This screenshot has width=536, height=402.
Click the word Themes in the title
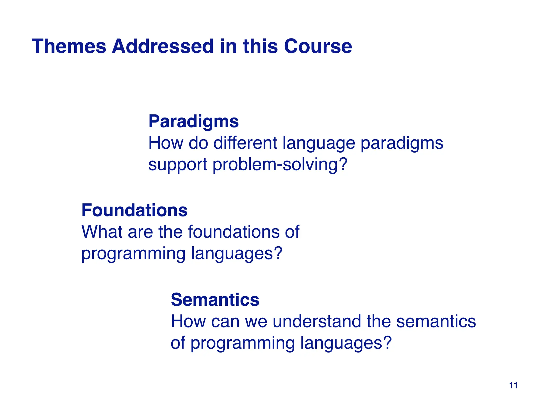click(x=69, y=46)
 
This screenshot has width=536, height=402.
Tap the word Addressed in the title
click(x=163, y=46)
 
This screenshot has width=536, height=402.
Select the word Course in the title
click(x=318, y=46)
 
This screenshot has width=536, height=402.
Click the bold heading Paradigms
click(x=193, y=121)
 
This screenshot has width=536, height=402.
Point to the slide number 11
click(x=513, y=386)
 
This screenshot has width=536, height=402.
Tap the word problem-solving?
click(x=280, y=165)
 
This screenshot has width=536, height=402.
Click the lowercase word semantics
click(x=436, y=321)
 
